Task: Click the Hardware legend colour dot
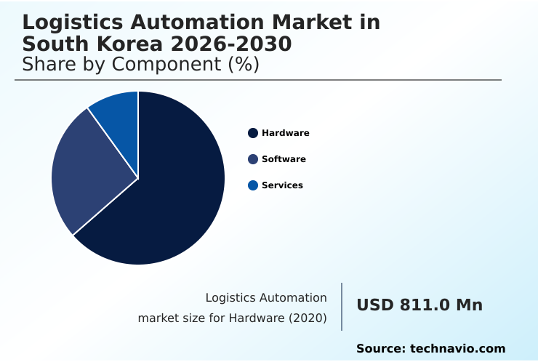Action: (253, 133)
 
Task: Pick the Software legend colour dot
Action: (253, 159)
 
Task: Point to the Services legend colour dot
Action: (253, 185)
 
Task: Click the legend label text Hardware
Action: (286, 133)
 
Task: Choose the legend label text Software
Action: (284, 159)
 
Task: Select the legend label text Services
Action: (282, 185)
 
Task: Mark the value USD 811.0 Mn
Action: (419, 305)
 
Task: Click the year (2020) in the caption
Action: (309, 318)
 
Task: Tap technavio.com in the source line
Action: (457, 349)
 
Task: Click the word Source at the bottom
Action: (380, 349)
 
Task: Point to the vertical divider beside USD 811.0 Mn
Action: (342, 307)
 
